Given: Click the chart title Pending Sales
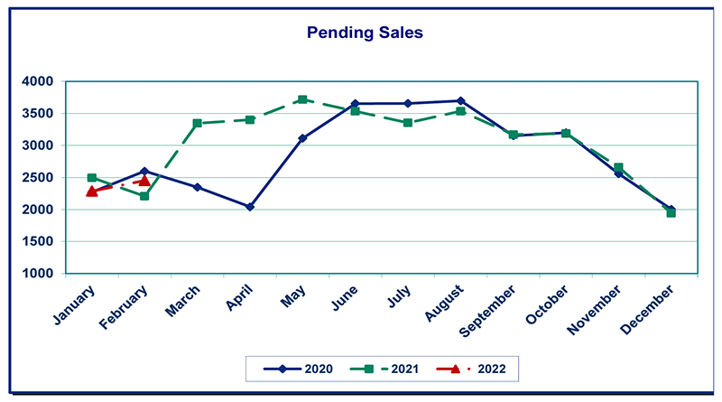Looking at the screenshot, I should [365, 33].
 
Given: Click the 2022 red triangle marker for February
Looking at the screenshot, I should [144, 181].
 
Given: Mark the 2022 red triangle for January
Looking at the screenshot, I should [92, 192].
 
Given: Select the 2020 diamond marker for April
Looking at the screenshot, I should [250, 207].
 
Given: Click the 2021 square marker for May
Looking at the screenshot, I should [302, 99].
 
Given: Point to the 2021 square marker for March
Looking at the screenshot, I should [198, 123].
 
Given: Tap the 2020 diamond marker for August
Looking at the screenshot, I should [460, 101].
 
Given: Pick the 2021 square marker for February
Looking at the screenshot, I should [144, 196].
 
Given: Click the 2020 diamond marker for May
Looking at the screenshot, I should [302, 138].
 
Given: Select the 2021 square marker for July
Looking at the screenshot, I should [408, 123].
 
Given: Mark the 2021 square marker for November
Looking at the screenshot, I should [618, 167].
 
